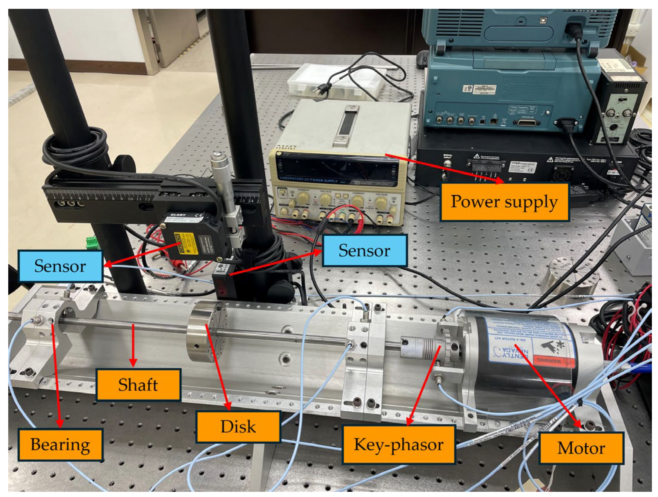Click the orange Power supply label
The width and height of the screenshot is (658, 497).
coord(504,202)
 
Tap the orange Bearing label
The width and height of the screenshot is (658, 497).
coord(60,444)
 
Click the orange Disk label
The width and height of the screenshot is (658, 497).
coord(238,426)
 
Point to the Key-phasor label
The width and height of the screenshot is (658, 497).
coord(399,444)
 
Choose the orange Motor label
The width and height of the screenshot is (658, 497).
coord(581,448)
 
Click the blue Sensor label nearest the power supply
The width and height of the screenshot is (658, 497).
coord(364,250)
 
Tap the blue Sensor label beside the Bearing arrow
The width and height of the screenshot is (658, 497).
coord(60,266)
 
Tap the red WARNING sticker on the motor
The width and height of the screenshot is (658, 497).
coord(549,361)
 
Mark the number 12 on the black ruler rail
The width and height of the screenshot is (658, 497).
coord(147,199)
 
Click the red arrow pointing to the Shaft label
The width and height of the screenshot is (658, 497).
coord(133,345)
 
